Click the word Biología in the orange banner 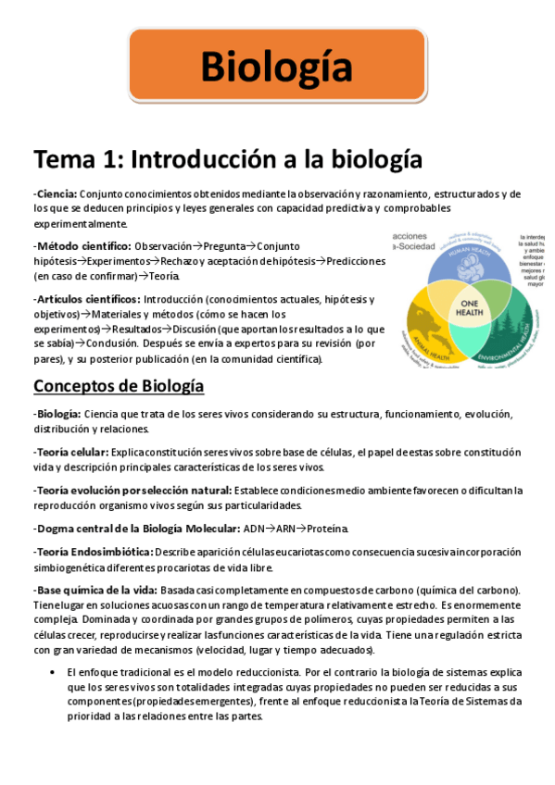click(276, 67)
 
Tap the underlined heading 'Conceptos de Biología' click(119, 385)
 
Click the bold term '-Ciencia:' click(56, 194)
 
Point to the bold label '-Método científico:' click(82, 246)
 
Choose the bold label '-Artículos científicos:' click(87, 299)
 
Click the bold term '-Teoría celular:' click(70, 452)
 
